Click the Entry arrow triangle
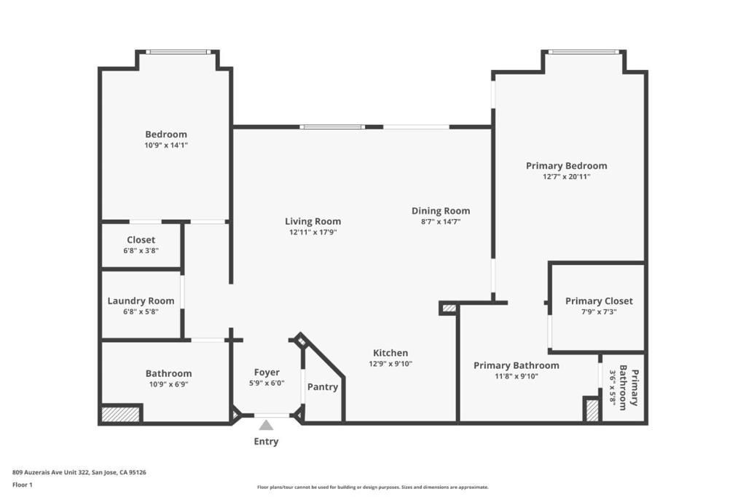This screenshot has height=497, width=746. pyautogui.click(x=266, y=425)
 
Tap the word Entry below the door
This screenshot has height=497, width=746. pyautogui.click(x=266, y=442)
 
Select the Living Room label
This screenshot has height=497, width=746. pyautogui.click(x=313, y=221)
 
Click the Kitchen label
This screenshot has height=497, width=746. pyautogui.click(x=390, y=353)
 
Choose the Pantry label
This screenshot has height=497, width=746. pyautogui.click(x=322, y=387)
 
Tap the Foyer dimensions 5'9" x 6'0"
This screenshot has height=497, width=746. pyautogui.click(x=266, y=383)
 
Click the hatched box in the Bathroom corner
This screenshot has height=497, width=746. pyautogui.click(x=120, y=414)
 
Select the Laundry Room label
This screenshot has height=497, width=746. pyautogui.click(x=141, y=301)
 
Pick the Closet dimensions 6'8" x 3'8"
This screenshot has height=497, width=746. pyautogui.click(x=141, y=250)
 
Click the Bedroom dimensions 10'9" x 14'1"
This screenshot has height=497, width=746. pyautogui.click(x=166, y=145)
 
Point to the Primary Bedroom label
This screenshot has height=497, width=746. pyautogui.click(x=566, y=166)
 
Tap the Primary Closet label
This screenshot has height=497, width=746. pyautogui.click(x=599, y=301)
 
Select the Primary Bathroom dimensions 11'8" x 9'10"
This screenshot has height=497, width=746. pyautogui.click(x=516, y=376)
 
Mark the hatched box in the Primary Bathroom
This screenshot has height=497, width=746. pyautogui.click(x=592, y=410)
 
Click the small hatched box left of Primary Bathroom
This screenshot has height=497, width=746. pyautogui.click(x=449, y=309)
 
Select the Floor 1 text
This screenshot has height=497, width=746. pyautogui.click(x=23, y=484)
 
